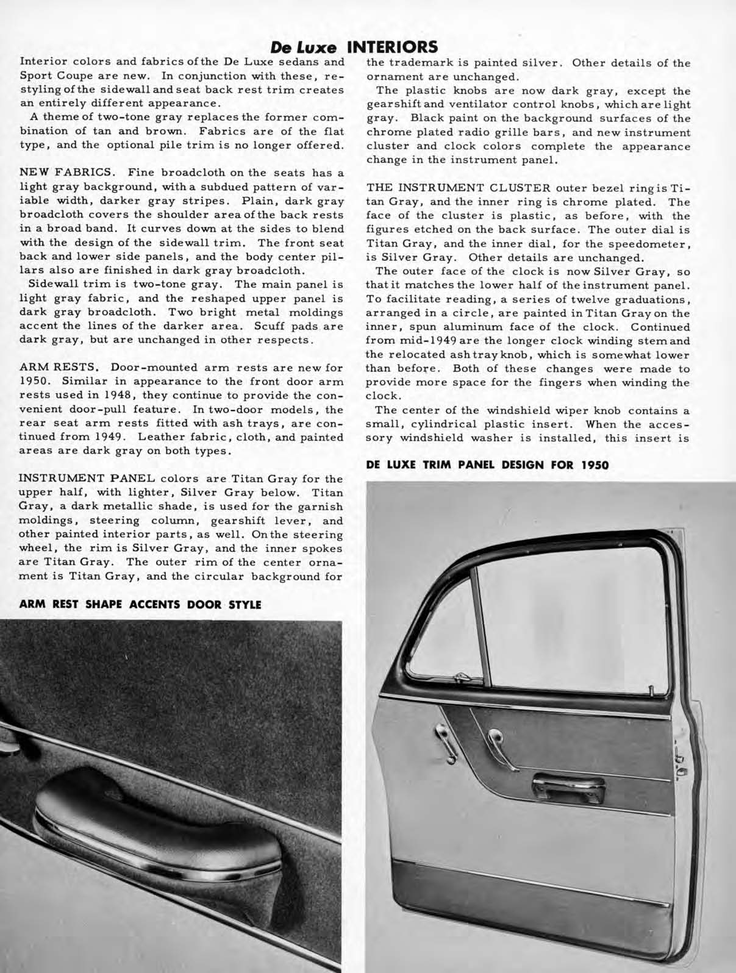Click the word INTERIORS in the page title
(x=391, y=48)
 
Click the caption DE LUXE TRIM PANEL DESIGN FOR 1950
(x=487, y=465)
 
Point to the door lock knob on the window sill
(x=652, y=691)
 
